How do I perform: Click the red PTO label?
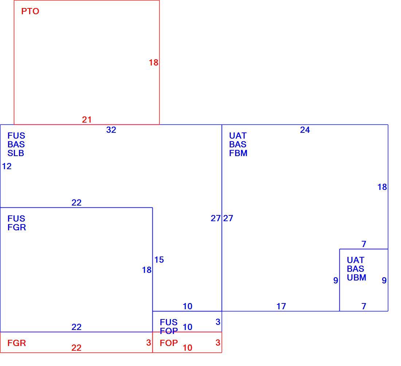pyautogui.click(x=30, y=11)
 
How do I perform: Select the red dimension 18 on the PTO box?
pyautogui.click(x=153, y=63)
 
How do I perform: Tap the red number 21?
pyautogui.click(x=87, y=119)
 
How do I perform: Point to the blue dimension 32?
pyautogui.click(x=111, y=130)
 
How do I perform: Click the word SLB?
pyautogui.click(x=16, y=153)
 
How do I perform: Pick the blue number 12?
pyautogui.click(x=7, y=166)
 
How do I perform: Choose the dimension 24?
pyautogui.click(x=305, y=130)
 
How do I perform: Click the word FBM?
pyautogui.click(x=238, y=153)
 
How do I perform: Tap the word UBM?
pyautogui.click(x=357, y=278)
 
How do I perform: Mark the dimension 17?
pyautogui.click(x=281, y=306)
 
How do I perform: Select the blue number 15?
pyautogui.click(x=159, y=260)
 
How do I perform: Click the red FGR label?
pyautogui.click(x=17, y=343)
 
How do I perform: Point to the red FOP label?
pyautogui.click(x=169, y=343)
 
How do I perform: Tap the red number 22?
pyautogui.click(x=77, y=348)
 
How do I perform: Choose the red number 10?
pyautogui.click(x=187, y=348)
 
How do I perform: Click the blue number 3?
pyautogui.click(x=218, y=322)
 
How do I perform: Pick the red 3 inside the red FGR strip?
pyautogui.click(x=149, y=343)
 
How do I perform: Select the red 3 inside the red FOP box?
pyautogui.click(x=218, y=343)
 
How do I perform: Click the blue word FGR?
pyautogui.click(x=17, y=227)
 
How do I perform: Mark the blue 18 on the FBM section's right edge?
pyautogui.click(x=382, y=187)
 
